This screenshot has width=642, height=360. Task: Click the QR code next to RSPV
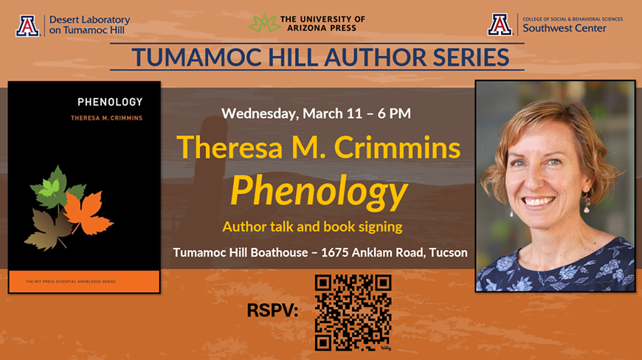pyautogui.click(x=353, y=313)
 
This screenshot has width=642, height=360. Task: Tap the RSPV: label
pyautogui.click(x=272, y=311)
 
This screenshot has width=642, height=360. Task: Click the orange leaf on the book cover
pyautogui.click(x=86, y=212)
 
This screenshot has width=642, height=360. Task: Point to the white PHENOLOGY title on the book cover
pyautogui.click(x=110, y=102)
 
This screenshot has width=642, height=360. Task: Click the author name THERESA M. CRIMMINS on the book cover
pyautogui.click(x=106, y=118)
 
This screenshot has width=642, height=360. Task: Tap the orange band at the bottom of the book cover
pyautogui.click(x=84, y=281)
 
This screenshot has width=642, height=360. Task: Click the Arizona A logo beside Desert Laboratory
pyautogui.click(x=27, y=25)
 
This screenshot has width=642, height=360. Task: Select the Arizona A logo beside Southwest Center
pyautogui.click(x=500, y=25)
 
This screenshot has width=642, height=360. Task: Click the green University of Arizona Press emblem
pyautogui.click(x=263, y=23)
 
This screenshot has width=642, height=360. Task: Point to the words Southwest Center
pyautogui.click(x=565, y=29)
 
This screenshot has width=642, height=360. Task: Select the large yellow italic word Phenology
pyautogui.click(x=319, y=192)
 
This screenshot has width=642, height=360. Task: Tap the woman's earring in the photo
pyautogui.click(x=587, y=205)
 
